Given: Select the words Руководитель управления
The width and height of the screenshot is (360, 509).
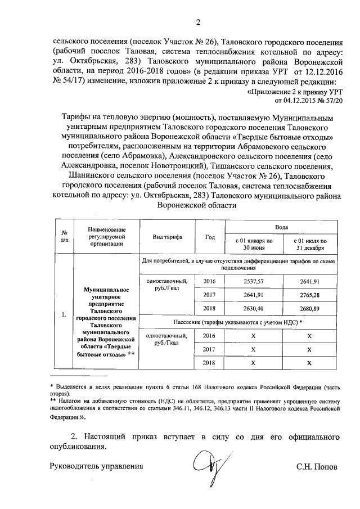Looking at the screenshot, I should point(96,466).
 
